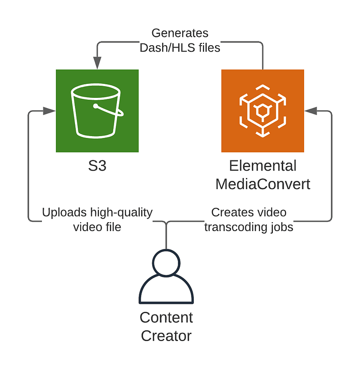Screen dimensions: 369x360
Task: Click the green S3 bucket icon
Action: pyautogui.click(x=97, y=111)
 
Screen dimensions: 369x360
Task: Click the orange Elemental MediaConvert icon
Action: pyautogui.click(x=263, y=111)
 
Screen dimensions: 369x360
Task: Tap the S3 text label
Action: pyautogui.click(x=97, y=166)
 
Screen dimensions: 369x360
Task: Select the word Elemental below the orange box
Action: pyautogui.click(x=263, y=166)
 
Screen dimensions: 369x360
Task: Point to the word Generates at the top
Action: pyautogui.click(x=180, y=34)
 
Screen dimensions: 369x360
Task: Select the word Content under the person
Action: pyautogui.click(x=166, y=318)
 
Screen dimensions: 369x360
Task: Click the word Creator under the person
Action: pyautogui.click(x=166, y=335)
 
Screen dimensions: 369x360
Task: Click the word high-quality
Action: pyautogui.click(x=121, y=213)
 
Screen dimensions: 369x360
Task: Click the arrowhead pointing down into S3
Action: pyautogui.click(x=97, y=63)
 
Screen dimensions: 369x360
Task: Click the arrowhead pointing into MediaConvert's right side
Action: pyautogui.click(x=311, y=111)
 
